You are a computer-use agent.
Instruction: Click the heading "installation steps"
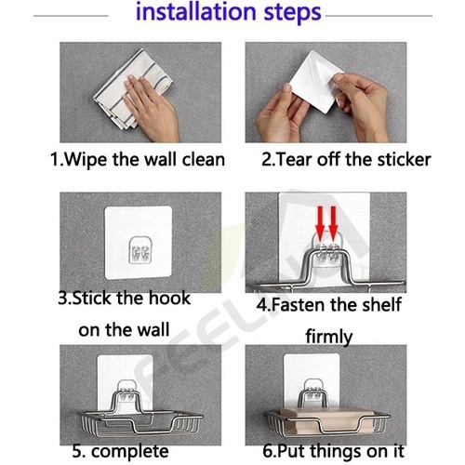coord(229,13)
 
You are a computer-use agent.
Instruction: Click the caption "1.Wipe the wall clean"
coord(138,160)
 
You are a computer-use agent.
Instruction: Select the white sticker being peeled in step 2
coord(316,81)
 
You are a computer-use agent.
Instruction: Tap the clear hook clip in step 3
coord(139,250)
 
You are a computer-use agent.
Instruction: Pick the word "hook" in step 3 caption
coord(169,298)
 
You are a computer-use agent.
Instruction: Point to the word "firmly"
coord(329,337)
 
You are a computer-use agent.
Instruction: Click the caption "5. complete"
coord(120,451)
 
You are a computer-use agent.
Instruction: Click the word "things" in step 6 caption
coord(337,451)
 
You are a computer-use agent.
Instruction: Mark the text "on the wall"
coord(124,329)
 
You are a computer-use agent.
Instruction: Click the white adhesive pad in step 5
coord(126,382)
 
